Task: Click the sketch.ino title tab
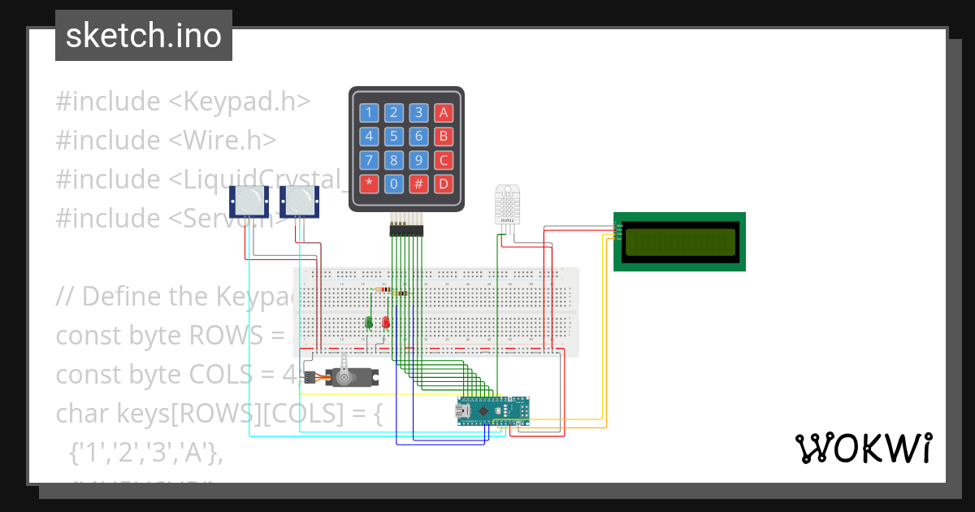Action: (x=144, y=36)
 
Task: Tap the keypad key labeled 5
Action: (x=394, y=137)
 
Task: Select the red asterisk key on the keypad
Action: (x=370, y=184)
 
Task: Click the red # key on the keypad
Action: (x=418, y=184)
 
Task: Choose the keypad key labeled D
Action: (x=443, y=184)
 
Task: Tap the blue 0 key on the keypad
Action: (x=394, y=184)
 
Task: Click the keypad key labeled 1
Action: (x=370, y=113)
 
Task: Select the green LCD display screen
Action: (x=679, y=241)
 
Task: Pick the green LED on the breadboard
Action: (x=369, y=323)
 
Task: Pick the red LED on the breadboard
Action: (x=386, y=323)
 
